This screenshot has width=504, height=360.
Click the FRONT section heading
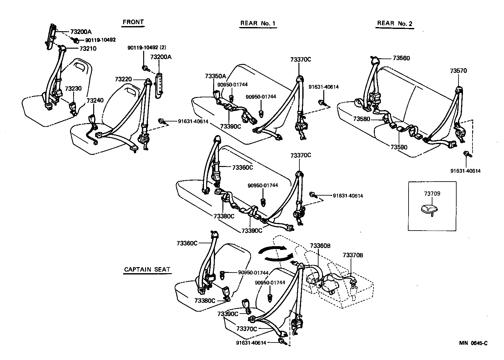pyautogui.click(x=133, y=22)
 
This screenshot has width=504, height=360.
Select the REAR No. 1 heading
pyautogui.click(x=258, y=23)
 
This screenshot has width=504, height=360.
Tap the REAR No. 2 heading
pyautogui.click(x=395, y=23)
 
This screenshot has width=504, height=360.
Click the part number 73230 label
pyautogui.click(x=73, y=89)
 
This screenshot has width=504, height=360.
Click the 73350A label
pyautogui.click(x=215, y=76)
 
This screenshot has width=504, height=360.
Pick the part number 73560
pyautogui.click(x=401, y=58)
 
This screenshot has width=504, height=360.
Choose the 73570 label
pyautogui.click(x=458, y=71)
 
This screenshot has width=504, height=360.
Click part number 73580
pyautogui.click(x=362, y=119)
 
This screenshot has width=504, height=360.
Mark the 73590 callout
pyautogui.click(x=399, y=148)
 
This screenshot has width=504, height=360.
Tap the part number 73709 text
pyautogui.click(x=432, y=193)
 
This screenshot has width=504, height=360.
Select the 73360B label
pyautogui.click(x=320, y=246)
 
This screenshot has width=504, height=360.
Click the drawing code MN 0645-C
pyautogui.click(x=473, y=343)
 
